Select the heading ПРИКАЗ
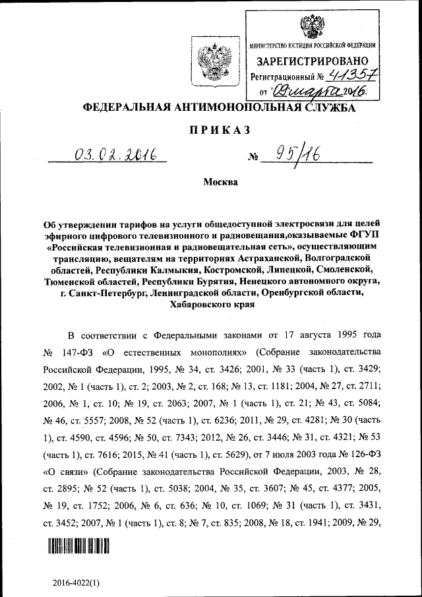click(x=211, y=131)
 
